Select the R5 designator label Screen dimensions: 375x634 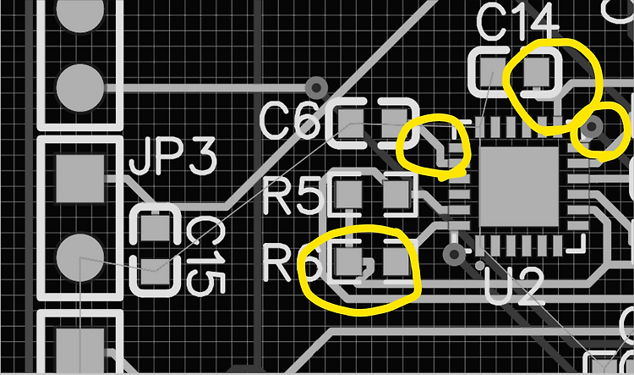pos(293,197)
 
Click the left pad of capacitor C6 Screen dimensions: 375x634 pos(349,124)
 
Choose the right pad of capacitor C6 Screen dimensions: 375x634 pos(394,122)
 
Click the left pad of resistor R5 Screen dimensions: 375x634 pos(347,196)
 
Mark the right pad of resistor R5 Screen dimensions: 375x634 pos(396,196)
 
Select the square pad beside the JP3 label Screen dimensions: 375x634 pos(81,177)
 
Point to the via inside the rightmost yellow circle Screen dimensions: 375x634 pos(593,128)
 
